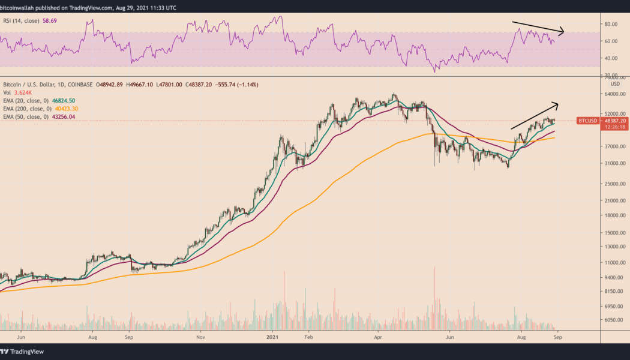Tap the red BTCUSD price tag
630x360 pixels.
coord(589,121)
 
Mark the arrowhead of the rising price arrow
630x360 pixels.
coord(557,105)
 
